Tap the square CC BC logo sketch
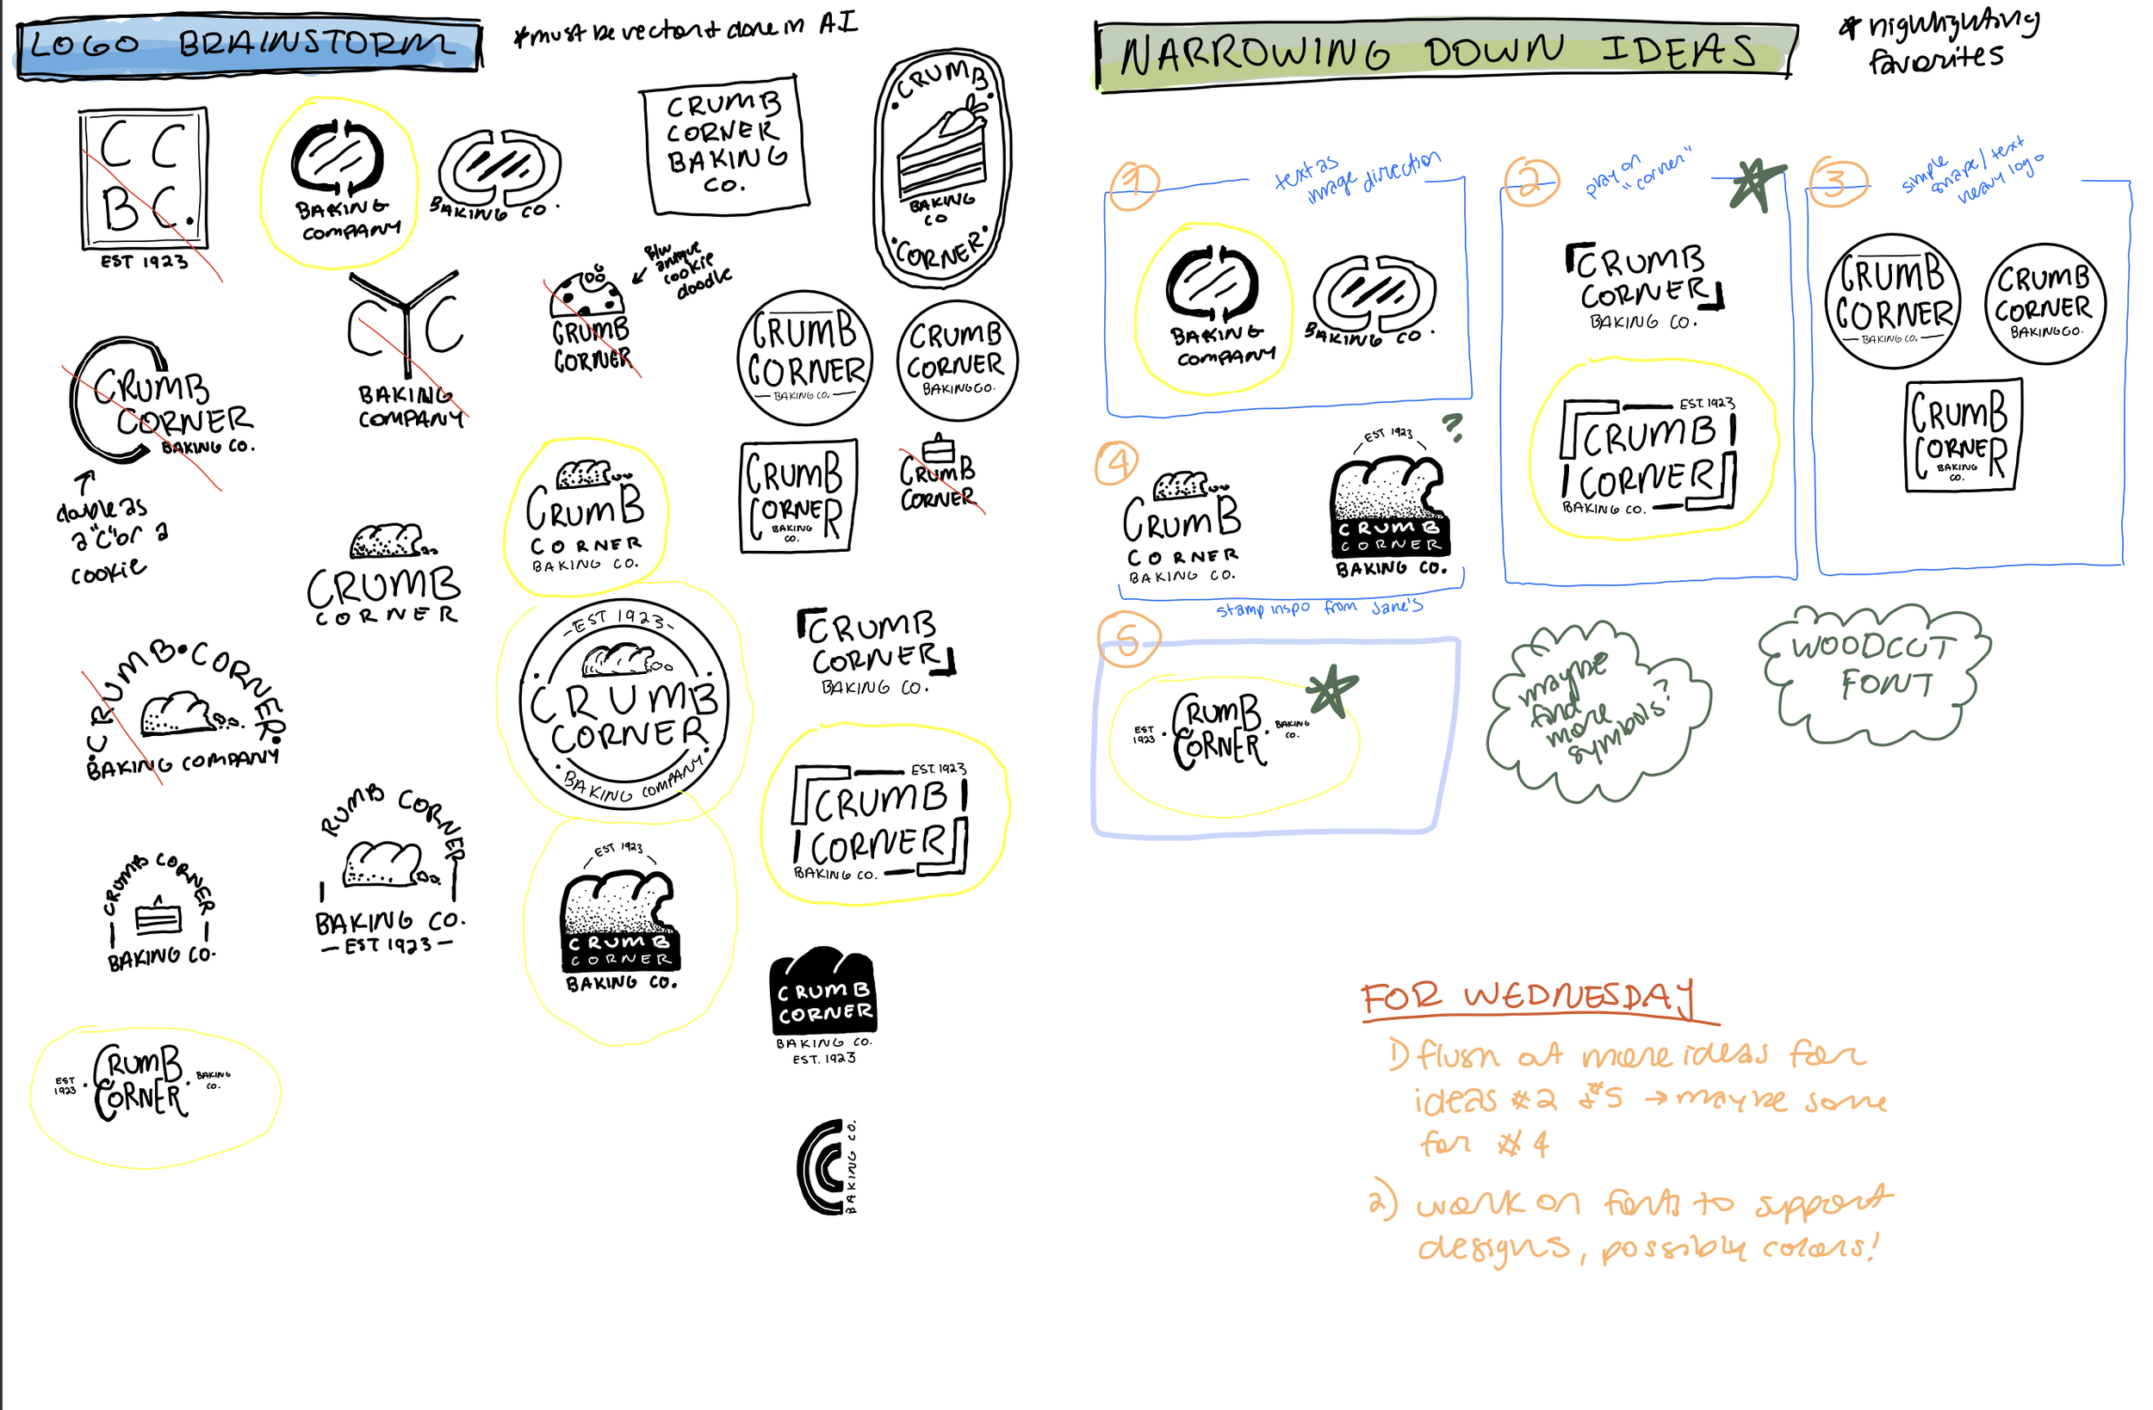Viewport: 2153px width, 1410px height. coord(144,178)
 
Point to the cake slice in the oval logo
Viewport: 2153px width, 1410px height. coord(940,154)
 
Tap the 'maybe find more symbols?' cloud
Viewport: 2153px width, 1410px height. coord(1598,710)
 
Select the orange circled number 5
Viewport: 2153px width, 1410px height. coord(1127,640)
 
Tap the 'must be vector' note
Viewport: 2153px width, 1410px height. coord(685,30)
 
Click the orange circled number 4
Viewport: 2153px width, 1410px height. coord(1118,463)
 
